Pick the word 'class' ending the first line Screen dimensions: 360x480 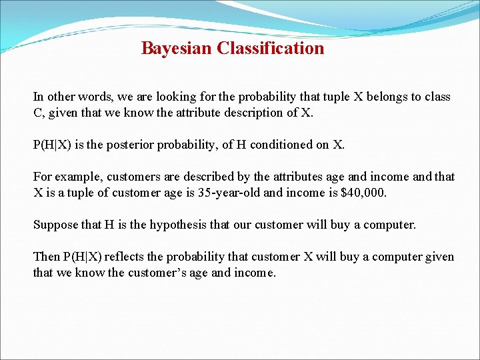click(436, 97)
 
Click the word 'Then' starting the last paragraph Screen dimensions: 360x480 click(47, 257)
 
